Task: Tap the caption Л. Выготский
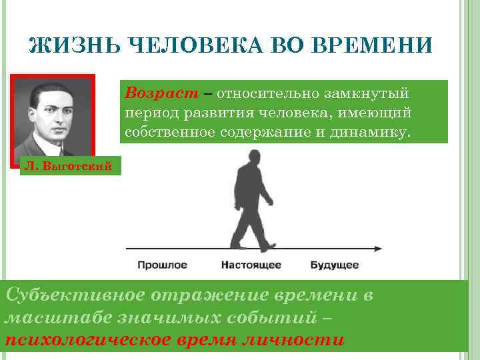tap(63, 166)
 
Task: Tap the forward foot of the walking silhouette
tap(268, 247)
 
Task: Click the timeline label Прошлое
tap(162, 265)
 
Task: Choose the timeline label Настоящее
tap(251, 265)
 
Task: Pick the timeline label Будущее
tap(335, 265)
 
